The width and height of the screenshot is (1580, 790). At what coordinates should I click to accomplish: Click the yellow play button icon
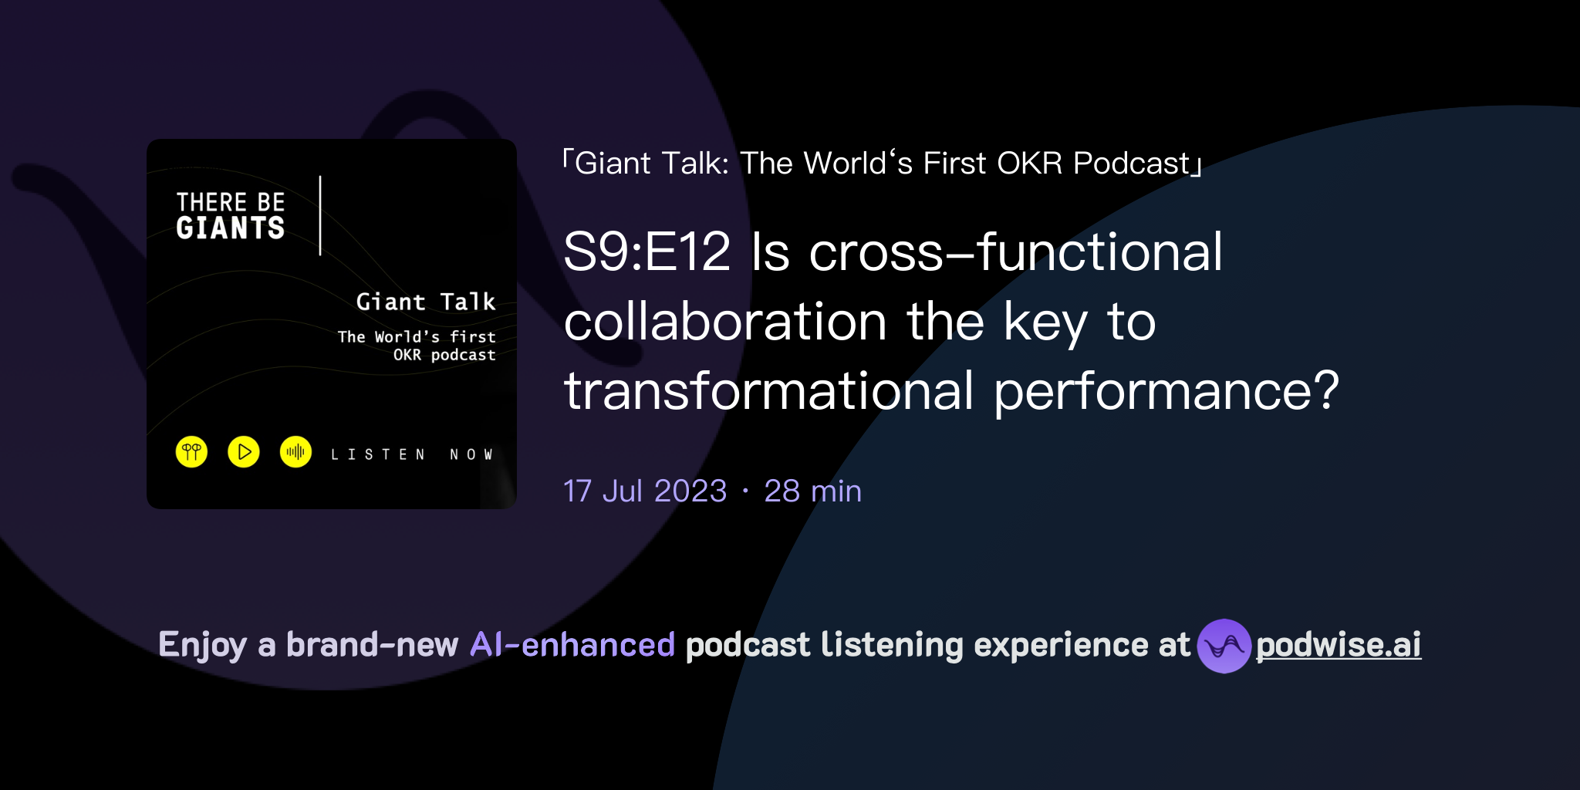click(244, 452)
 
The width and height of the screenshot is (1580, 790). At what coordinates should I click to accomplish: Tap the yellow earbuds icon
click(191, 452)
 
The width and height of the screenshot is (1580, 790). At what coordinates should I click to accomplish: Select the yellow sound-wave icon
click(295, 452)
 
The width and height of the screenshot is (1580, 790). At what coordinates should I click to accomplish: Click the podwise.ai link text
click(1339, 645)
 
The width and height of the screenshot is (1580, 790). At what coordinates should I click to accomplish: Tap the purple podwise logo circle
click(1224, 646)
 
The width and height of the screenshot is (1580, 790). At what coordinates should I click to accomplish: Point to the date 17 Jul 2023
click(645, 491)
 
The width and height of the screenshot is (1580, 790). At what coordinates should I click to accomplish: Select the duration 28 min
click(812, 491)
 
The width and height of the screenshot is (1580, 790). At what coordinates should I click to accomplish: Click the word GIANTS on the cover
click(231, 228)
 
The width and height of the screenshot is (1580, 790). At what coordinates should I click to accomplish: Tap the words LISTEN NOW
click(412, 454)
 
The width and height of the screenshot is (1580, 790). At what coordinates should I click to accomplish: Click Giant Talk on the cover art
click(426, 302)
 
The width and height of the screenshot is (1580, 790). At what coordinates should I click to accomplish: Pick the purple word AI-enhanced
click(572, 645)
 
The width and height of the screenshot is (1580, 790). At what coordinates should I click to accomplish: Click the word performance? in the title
click(1166, 391)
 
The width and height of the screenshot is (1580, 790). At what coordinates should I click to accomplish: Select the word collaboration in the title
click(725, 322)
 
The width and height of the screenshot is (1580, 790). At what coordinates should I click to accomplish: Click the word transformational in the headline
click(769, 391)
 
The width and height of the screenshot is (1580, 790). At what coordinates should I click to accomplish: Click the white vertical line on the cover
click(320, 215)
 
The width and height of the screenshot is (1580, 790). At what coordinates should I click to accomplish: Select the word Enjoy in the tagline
click(203, 645)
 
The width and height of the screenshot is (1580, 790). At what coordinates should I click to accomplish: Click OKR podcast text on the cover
click(444, 355)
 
